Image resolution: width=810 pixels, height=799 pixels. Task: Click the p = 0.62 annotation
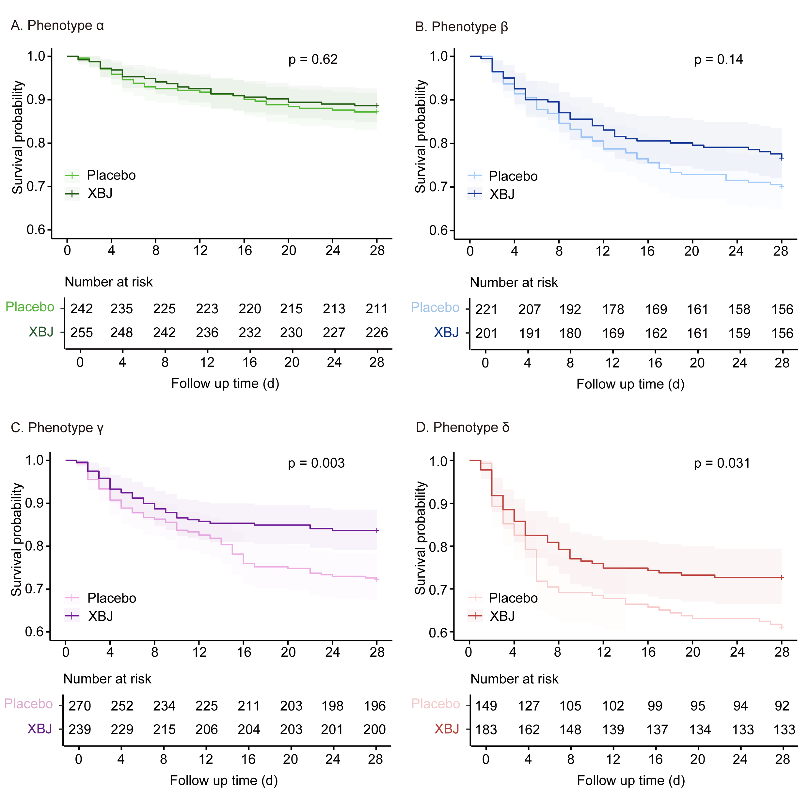tap(313, 59)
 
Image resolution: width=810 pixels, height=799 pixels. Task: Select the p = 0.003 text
tap(316, 463)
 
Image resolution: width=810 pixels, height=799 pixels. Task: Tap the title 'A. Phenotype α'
tap(57, 25)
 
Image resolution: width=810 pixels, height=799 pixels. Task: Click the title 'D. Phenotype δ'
tap(462, 428)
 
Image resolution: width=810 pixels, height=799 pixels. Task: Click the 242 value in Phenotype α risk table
tap(81, 309)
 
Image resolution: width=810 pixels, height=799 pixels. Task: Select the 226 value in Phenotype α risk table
tap(376, 333)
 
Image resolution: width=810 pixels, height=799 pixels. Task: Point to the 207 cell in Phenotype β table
tap(529, 310)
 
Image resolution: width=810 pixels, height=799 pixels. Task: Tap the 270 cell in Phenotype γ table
tap(80, 706)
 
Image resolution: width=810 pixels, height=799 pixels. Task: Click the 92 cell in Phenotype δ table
tap(782, 706)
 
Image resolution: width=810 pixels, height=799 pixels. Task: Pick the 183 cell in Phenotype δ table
tap(486, 730)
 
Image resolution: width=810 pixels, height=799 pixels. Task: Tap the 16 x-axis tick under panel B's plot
tap(647, 251)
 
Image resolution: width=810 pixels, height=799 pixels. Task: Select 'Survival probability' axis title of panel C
tap(16, 539)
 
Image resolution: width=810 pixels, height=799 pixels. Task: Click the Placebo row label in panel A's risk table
tap(30, 307)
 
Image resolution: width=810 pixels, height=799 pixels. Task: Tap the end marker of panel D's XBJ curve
tap(782, 578)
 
